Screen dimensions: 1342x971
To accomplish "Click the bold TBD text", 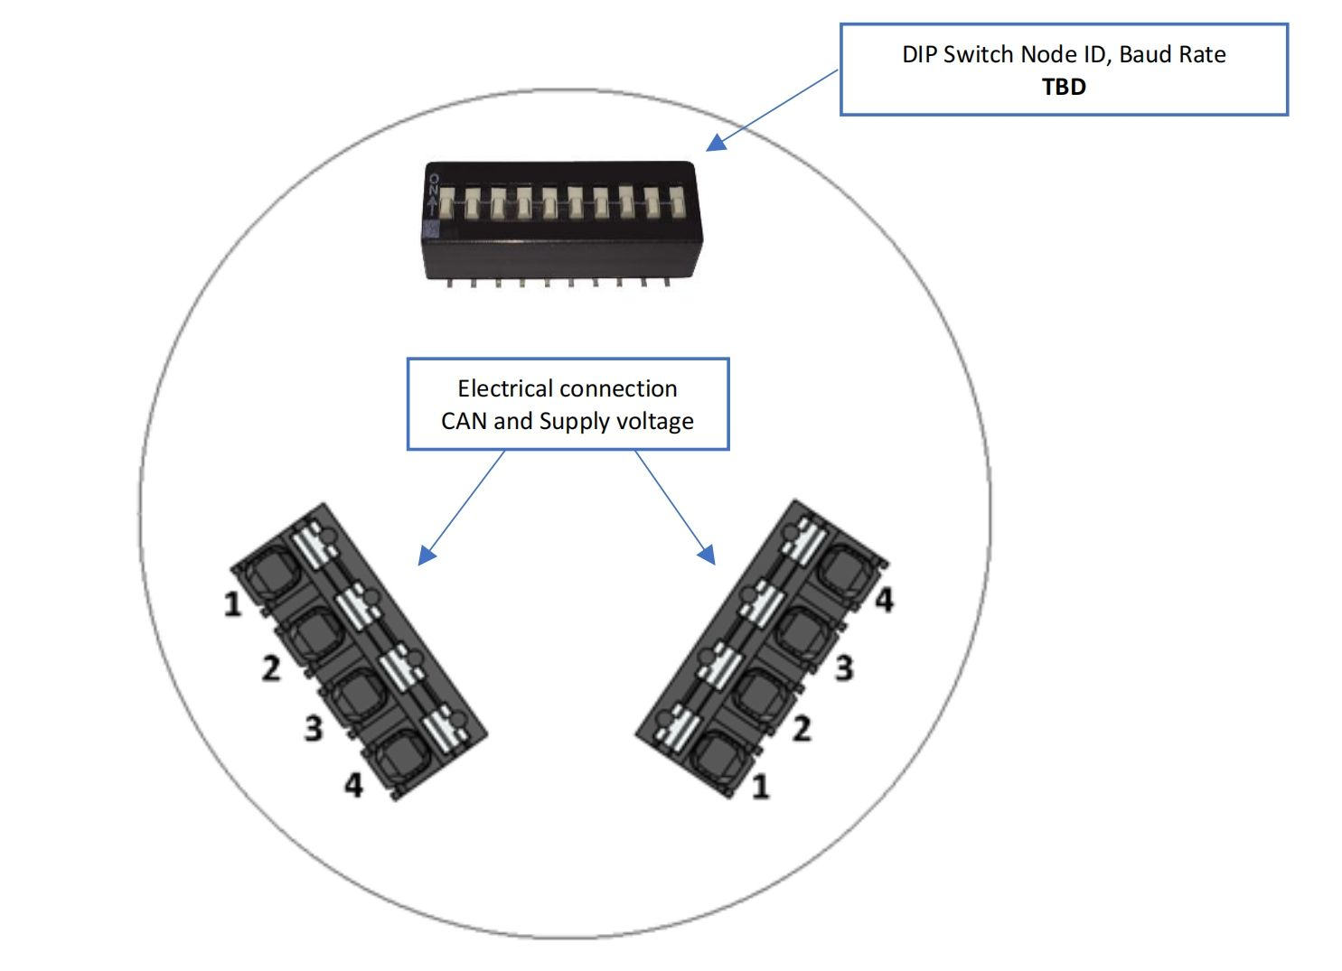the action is click(x=1064, y=88).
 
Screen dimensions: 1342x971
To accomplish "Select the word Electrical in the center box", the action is click(x=508, y=388).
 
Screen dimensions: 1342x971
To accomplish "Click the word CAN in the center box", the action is click(x=464, y=421).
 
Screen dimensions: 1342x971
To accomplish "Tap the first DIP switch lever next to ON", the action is click(x=447, y=202).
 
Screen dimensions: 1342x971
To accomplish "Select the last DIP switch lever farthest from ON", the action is click(x=677, y=202).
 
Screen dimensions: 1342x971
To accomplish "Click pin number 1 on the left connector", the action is click(x=232, y=604).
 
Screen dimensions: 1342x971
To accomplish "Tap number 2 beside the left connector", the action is click(x=271, y=668).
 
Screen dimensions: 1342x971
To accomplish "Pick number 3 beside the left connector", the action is click(x=314, y=729).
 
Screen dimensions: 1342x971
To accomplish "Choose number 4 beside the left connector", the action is click(x=353, y=785).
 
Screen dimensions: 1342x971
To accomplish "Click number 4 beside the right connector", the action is click(x=885, y=600).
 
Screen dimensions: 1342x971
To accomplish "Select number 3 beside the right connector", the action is click(x=844, y=668).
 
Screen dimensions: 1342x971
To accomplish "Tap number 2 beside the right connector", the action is click(x=802, y=729).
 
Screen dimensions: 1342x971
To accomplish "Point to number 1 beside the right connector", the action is click(x=760, y=786).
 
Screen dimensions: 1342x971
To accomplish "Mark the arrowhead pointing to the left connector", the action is click(x=427, y=555).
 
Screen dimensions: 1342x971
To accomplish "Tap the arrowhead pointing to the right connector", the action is click(x=707, y=555).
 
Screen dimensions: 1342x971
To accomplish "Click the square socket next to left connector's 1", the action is click(x=271, y=573).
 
